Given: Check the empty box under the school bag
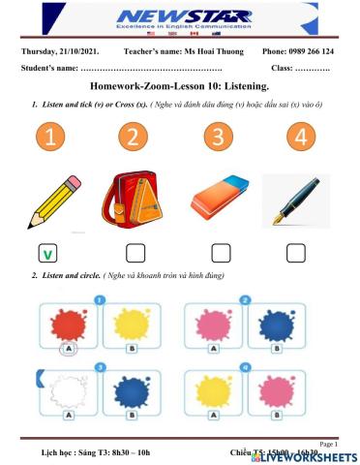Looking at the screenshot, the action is (x=135, y=254).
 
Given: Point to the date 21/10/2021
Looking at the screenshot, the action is (x=81, y=51).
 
